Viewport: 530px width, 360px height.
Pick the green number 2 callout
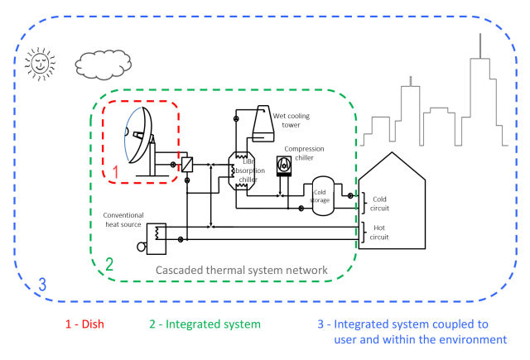[x=108, y=265]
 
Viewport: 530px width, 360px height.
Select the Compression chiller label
[x=306, y=153]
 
